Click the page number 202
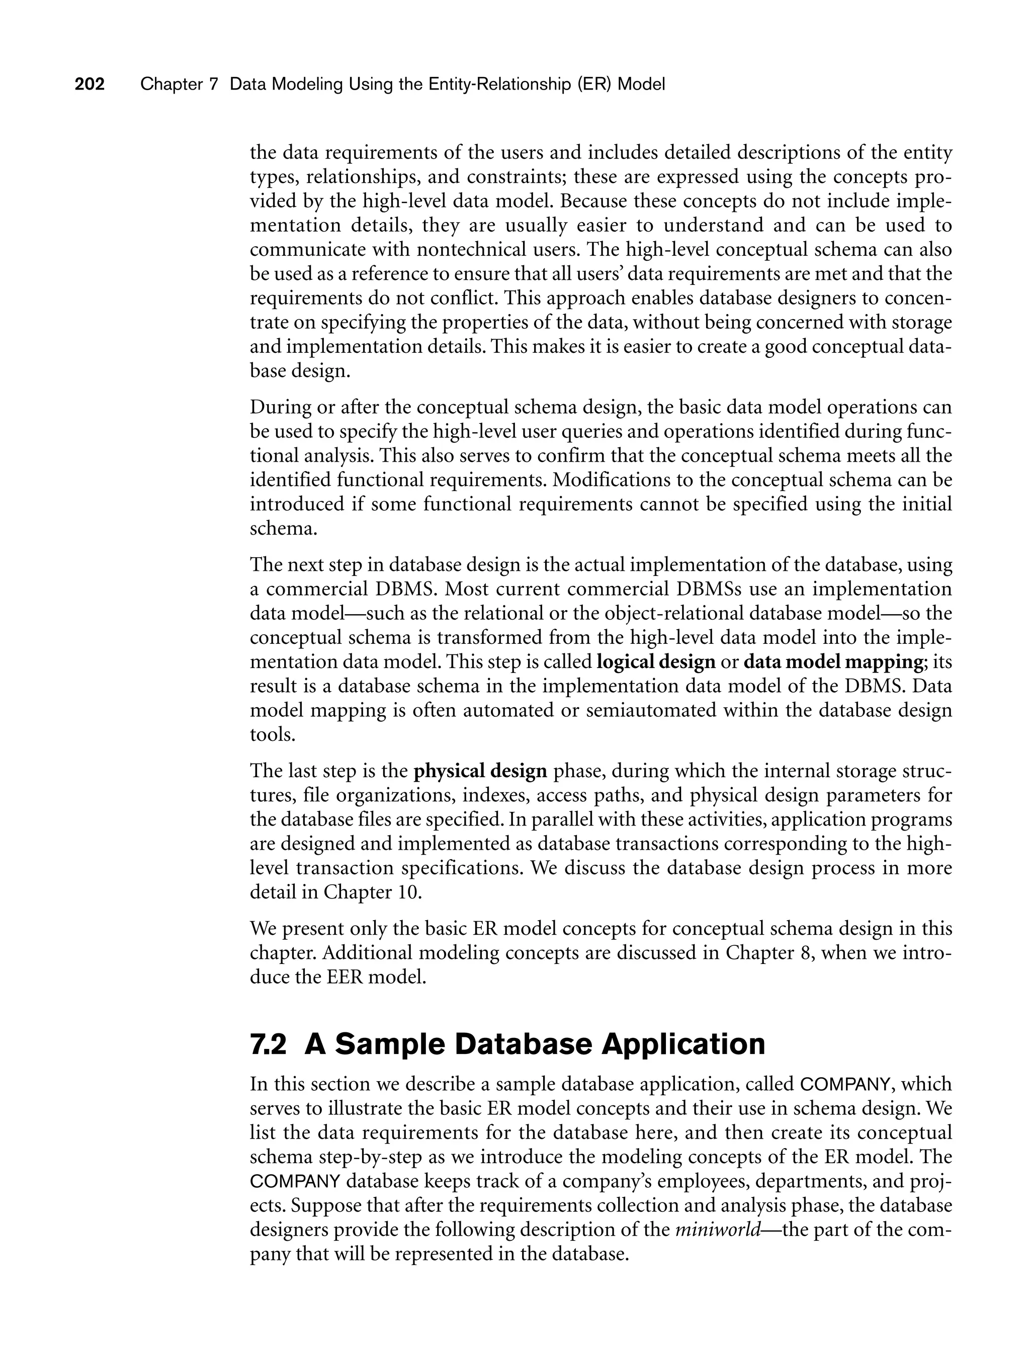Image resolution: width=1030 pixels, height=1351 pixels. (90, 84)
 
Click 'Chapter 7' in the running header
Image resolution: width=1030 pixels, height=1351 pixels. (179, 84)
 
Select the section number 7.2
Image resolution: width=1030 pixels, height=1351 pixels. (268, 1044)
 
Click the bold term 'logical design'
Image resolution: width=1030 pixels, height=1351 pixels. (655, 662)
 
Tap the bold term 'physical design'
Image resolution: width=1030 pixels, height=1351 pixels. (480, 771)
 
